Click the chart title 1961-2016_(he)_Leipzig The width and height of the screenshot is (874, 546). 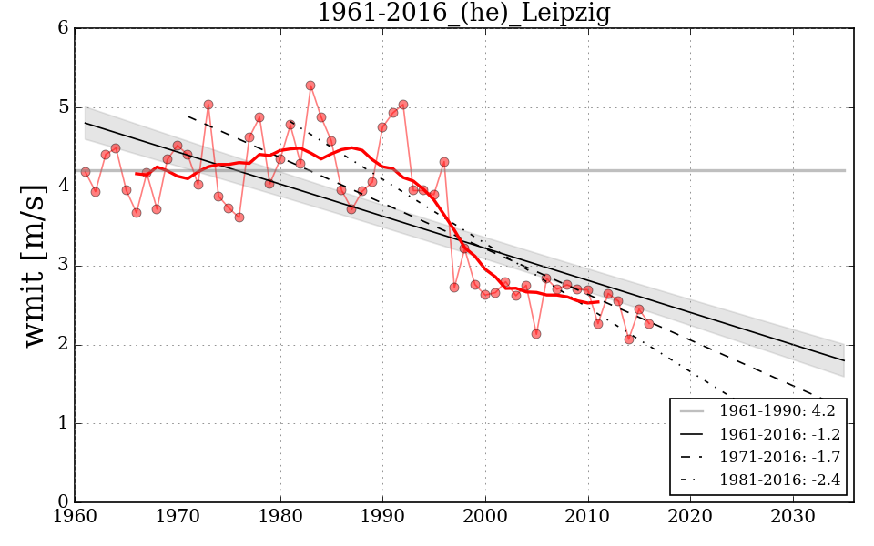(x=463, y=14)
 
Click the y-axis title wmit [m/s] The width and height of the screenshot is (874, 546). (x=35, y=264)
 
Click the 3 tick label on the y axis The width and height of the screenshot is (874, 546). (x=63, y=266)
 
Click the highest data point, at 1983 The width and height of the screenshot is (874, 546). (x=310, y=86)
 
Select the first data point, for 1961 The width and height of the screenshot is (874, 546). (x=86, y=172)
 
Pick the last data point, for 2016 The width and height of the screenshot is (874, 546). (x=649, y=324)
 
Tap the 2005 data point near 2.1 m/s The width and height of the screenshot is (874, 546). (x=536, y=334)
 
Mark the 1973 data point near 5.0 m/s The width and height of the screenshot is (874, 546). (x=208, y=105)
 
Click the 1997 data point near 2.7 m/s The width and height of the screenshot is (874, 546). (x=454, y=288)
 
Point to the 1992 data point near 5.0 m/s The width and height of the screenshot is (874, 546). (x=403, y=105)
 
